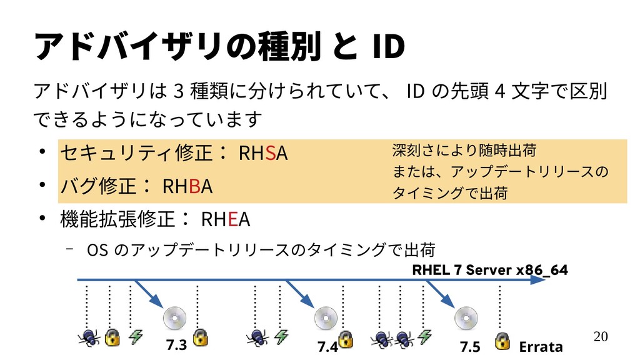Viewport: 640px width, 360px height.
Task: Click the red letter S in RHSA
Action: [x=271, y=152]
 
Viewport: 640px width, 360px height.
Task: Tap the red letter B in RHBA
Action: [x=194, y=186]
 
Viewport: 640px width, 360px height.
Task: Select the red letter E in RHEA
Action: [x=232, y=220]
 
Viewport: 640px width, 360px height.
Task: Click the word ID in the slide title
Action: [x=388, y=47]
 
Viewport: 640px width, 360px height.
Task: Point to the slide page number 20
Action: [x=600, y=337]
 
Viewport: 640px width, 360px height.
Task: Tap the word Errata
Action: [x=541, y=346]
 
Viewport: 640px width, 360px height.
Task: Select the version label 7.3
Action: [x=177, y=345]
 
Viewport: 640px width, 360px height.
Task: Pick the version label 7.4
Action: [x=327, y=346]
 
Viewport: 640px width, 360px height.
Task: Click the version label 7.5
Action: [x=470, y=346]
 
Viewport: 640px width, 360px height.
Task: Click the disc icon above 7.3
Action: [x=173, y=318]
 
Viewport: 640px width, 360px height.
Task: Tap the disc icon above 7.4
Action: [x=326, y=318]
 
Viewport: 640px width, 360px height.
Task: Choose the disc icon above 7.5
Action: [x=466, y=318]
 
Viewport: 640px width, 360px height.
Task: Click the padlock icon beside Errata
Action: [x=501, y=341]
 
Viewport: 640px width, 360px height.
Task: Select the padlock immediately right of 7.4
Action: [x=347, y=341]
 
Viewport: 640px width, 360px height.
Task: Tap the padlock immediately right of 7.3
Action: [x=199, y=338]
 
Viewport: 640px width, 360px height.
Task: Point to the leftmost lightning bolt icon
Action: [x=136, y=337]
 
